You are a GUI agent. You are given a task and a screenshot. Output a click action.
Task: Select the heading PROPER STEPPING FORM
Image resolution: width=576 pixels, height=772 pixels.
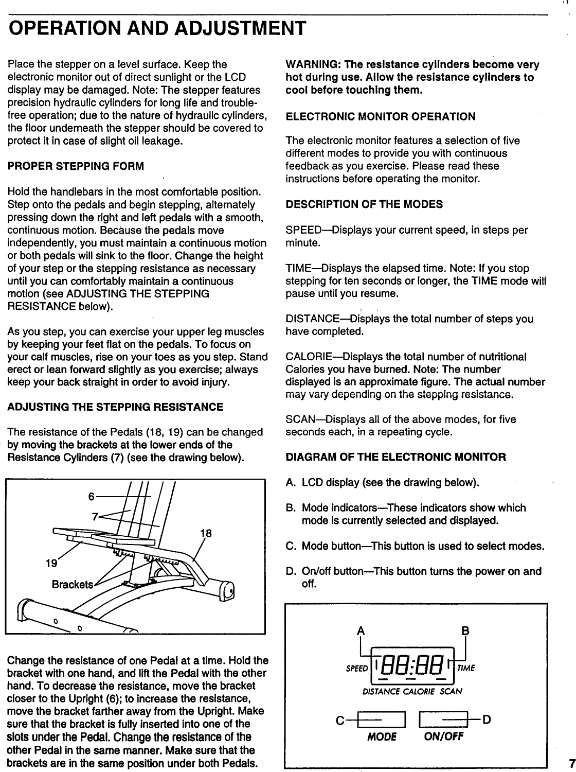point(76,166)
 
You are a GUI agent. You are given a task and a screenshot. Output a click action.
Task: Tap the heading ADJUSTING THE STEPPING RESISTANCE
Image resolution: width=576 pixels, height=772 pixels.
point(115,407)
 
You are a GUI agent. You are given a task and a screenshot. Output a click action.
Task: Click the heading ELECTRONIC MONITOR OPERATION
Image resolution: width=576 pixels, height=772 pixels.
point(381,116)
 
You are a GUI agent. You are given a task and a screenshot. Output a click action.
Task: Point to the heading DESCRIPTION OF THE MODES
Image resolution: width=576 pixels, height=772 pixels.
point(364,204)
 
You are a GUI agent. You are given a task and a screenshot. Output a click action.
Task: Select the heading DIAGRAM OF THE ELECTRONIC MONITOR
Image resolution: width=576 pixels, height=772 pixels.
point(395,457)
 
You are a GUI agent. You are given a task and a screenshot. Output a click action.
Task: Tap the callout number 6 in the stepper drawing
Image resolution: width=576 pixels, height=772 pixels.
point(91,497)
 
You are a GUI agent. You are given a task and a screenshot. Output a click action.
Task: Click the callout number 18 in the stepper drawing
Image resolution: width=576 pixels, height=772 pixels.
point(206,533)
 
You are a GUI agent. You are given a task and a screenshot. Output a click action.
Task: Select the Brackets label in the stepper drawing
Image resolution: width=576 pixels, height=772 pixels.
point(73,585)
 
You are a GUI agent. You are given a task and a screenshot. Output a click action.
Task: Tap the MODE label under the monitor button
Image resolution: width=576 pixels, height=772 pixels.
point(382,736)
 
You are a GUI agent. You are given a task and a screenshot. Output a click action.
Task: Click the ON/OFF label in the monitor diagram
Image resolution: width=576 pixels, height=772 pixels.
point(443,736)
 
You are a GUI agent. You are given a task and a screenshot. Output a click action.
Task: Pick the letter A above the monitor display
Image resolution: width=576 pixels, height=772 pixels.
point(362,631)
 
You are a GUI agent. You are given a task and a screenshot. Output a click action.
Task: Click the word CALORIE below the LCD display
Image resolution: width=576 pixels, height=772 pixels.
point(418,691)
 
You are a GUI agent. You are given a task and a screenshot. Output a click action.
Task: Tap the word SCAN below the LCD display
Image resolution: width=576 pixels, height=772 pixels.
point(451,691)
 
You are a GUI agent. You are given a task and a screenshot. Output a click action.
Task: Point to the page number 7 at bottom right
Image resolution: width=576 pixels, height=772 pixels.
point(571,762)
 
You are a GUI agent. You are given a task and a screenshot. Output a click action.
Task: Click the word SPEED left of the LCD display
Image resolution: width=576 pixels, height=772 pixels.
point(357,669)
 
